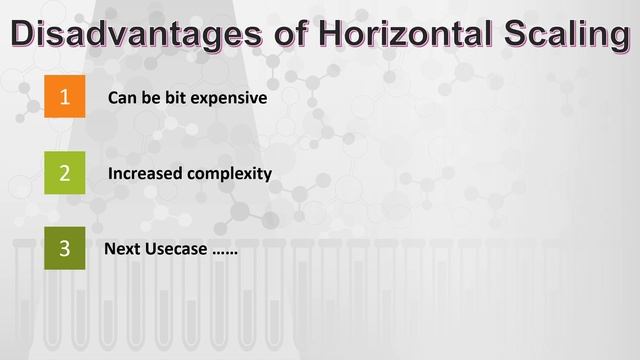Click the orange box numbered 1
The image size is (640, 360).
(x=65, y=97)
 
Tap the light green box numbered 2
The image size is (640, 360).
(x=65, y=172)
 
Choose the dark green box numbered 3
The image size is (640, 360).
(x=65, y=248)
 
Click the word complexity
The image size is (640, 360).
(x=229, y=174)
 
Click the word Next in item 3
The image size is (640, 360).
(x=123, y=248)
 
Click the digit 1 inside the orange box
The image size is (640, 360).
(x=65, y=97)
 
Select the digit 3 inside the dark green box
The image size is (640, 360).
(x=65, y=248)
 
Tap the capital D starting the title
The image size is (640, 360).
(x=25, y=32)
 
